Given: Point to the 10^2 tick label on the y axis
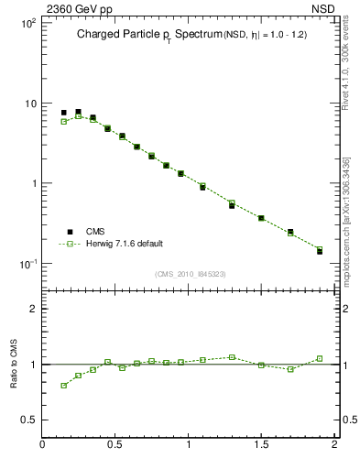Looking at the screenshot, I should tap(27, 23).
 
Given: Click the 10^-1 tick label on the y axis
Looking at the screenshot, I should tap(27, 264).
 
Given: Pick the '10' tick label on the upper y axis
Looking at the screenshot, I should tap(29, 104).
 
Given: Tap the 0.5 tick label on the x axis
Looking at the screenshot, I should tap(115, 445).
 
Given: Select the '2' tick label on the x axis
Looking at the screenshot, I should tap(334, 445).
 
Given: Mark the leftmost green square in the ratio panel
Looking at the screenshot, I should tap(63, 386).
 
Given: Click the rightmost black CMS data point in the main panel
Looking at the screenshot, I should tap(320, 251).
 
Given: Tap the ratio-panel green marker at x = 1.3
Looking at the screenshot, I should tap(232, 357).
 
